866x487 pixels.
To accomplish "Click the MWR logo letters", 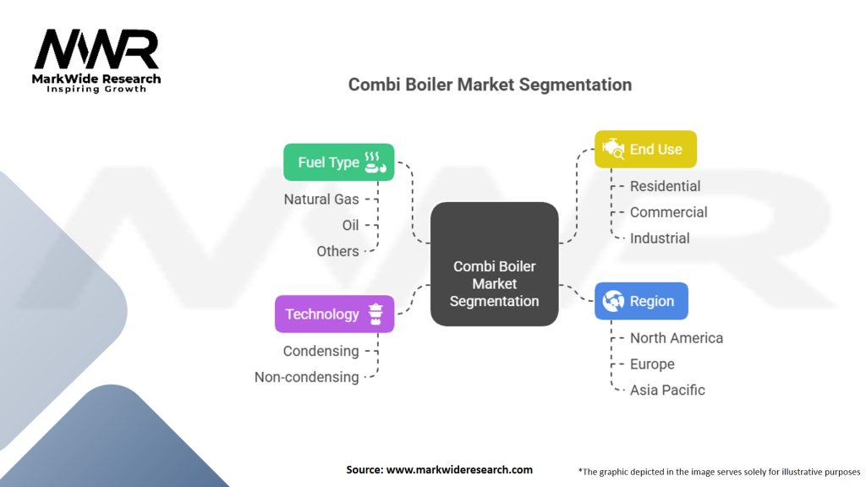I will (x=96, y=51).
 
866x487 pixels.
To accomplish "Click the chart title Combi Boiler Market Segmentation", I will (x=490, y=85).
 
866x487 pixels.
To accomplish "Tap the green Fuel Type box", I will (x=338, y=161).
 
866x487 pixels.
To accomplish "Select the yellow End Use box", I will (x=644, y=149).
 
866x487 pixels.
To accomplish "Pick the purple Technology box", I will (x=334, y=314).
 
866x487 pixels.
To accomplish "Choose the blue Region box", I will (x=641, y=301).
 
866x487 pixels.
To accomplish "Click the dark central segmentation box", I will (x=494, y=265).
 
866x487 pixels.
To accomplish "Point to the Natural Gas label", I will (x=321, y=200).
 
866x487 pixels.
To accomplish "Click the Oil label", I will (x=350, y=226).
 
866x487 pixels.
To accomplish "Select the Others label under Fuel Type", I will (x=337, y=251).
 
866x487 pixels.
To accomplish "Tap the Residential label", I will (x=665, y=186).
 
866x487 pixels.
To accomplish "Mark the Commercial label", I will (x=668, y=212).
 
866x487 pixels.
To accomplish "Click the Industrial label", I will (x=660, y=238).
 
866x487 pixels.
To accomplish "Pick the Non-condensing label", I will (x=306, y=377).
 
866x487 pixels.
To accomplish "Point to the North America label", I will (x=676, y=338).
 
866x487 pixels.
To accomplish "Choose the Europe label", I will (x=652, y=364).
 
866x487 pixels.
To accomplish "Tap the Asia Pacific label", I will (x=666, y=390).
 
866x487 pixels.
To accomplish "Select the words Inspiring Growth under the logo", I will (x=96, y=89).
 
